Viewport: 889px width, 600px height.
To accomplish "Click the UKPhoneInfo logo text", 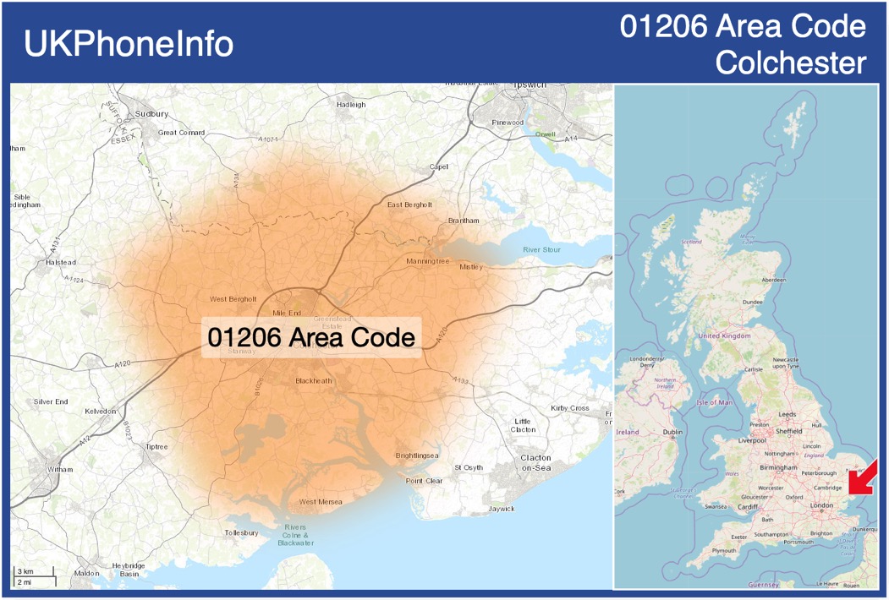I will [x=129, y=44].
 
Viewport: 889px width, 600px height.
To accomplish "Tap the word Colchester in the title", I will [x=790, y=63].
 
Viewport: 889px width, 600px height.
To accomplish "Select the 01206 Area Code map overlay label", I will [x=311, y=337].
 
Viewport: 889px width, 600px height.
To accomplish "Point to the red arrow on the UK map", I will [x=863, y=477].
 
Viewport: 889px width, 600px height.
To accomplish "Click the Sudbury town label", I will [x=151, y=113].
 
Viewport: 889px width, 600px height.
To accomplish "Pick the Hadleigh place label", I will [x=351, y=105].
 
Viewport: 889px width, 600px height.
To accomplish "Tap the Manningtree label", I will [x=427, y=261].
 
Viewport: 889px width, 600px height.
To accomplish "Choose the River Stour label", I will [x=541, y=250].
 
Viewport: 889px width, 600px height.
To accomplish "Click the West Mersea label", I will [x=321, y=502].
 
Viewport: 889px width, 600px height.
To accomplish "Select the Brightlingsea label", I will [x=417, y=455].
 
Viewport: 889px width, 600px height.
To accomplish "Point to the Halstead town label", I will [x=61, y=263].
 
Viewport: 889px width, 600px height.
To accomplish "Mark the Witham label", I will [x=60, y=469].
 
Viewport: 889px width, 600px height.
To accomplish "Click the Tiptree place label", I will [x=156, y=446].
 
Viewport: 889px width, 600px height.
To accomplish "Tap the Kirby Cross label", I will [x=569, y=408].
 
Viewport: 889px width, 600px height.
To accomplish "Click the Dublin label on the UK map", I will [x=672, y=433].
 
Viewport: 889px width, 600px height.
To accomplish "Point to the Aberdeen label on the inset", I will [x=773, y=280].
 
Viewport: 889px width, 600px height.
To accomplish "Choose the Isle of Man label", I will [x=715, y=402].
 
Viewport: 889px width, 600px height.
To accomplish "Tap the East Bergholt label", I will [x=409, y=205].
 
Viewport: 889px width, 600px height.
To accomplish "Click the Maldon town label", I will [x=86, y=573].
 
